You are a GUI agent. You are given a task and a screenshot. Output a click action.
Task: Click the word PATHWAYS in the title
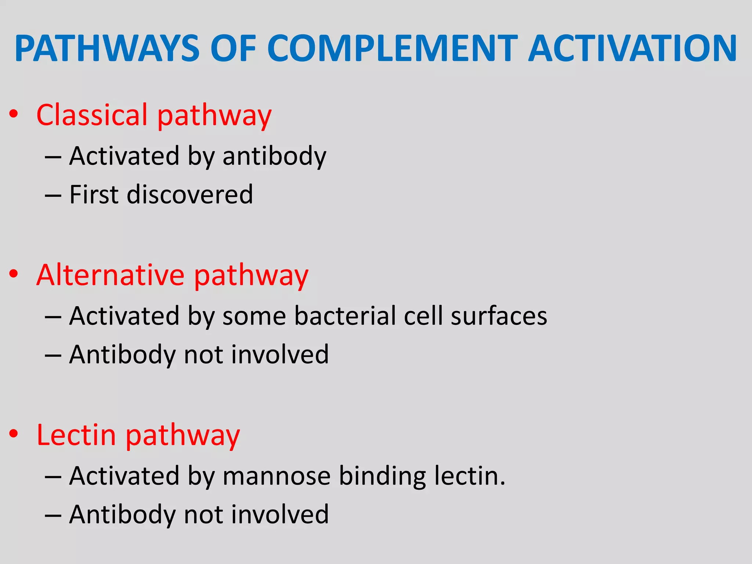click(x=107, y=49)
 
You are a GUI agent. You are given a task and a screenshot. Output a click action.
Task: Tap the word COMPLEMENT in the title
click(x=392, y=49)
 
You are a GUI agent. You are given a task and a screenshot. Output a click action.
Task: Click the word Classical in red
click(x=92, y=115)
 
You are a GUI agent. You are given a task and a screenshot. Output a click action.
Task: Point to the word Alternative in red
click(x=110, y=275)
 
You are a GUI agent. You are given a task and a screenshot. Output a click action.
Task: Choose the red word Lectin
click(x=76, y=435)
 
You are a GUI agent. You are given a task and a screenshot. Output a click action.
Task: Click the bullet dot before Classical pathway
click(x=14, y=114)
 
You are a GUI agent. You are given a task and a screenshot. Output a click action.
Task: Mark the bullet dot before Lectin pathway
click(x=14, y=434)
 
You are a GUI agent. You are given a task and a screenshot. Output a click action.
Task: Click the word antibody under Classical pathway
click(x=274, y=156)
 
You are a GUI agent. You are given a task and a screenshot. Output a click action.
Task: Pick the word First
click(x=94, y=194)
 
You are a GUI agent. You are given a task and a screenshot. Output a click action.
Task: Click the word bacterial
click(x=344, y=316)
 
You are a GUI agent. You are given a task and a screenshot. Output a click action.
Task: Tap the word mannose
click(x=276, y=476)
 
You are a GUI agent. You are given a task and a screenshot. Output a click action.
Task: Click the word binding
click(x=382, y=476)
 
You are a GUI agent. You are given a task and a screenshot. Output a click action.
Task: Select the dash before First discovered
click(x=53, y=195)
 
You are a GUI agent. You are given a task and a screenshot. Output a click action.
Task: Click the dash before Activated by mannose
click(x=53, y=477)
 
